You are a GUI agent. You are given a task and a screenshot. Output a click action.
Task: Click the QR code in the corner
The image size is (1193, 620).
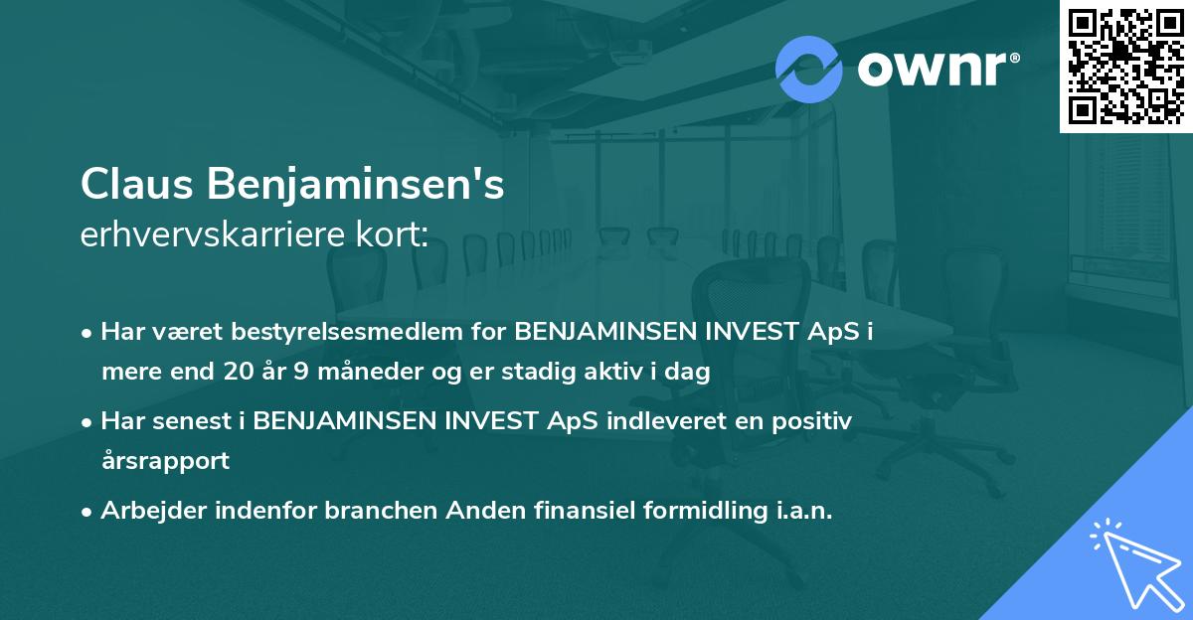1126,67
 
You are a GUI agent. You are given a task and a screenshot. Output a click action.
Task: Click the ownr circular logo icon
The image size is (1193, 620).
809,70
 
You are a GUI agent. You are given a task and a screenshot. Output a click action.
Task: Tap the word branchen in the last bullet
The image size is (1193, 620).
387,511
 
